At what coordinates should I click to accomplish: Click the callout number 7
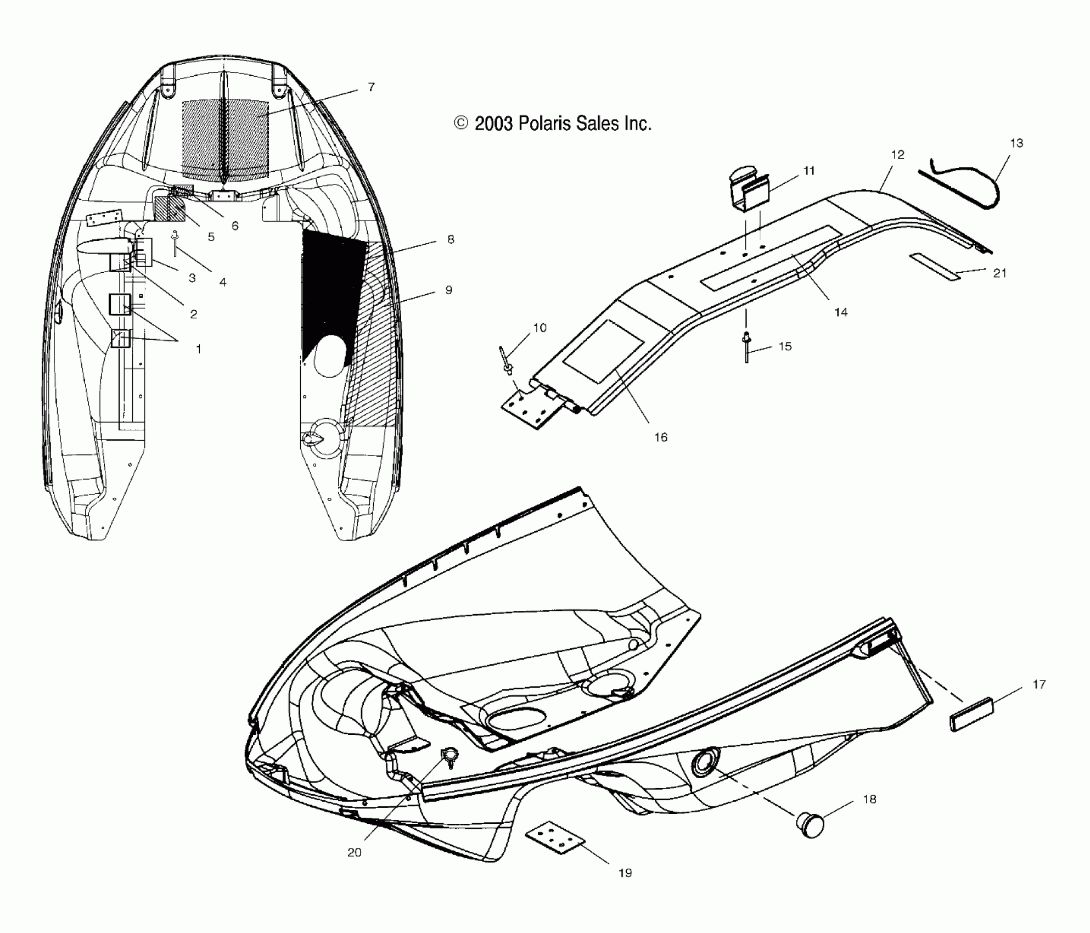pos(372,87)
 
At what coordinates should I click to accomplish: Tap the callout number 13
pos(1016,143)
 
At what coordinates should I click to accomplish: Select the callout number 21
pos(1000,273)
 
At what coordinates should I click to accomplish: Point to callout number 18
pos(870,800)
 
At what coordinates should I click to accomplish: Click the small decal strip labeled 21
pos(935,267)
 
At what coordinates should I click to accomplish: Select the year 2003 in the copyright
pos(494,123)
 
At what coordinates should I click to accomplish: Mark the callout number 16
pos(661,437)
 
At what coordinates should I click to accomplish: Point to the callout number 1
pos(198,349)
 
